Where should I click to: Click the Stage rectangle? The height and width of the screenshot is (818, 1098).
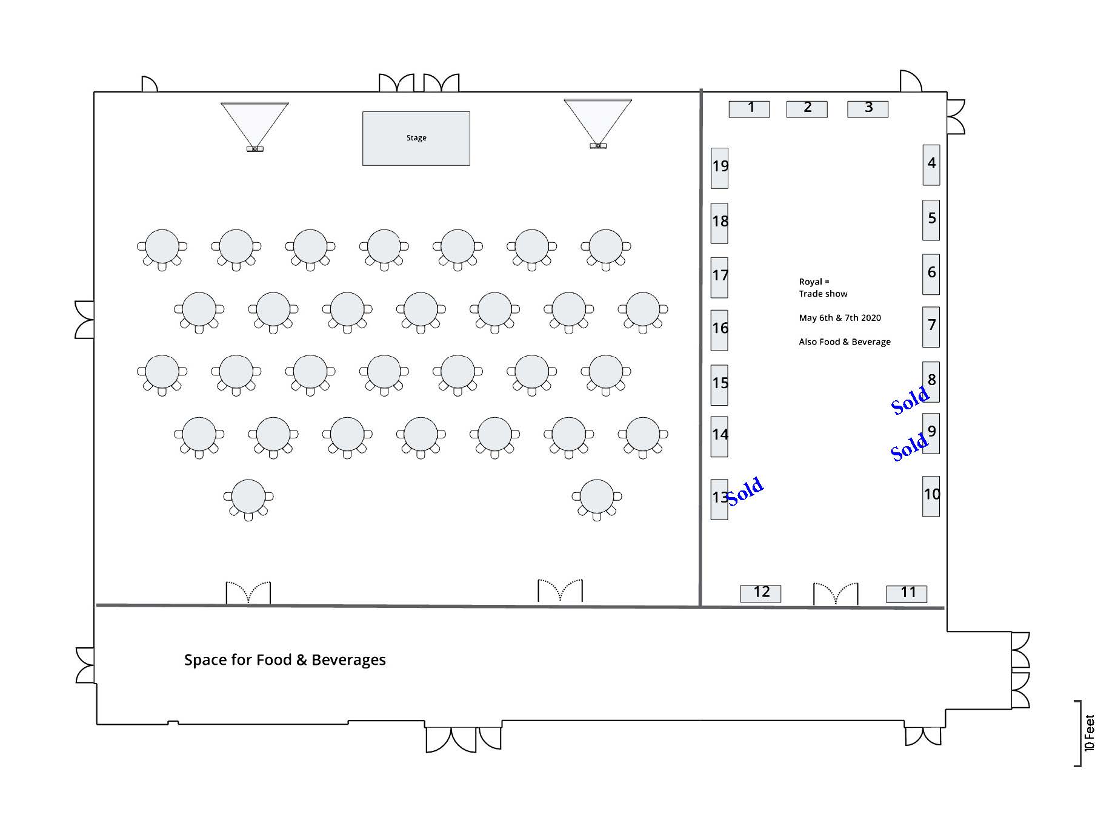(x=416, y=138)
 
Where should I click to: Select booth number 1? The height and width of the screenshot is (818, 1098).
(x=749, y=109)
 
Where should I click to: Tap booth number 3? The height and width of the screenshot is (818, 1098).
(x=867, y=109)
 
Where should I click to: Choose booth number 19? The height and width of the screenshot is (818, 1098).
(x=719, y=168)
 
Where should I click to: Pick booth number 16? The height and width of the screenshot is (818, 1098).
(x=719, y=330)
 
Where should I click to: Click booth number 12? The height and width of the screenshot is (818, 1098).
(x=760, y=593)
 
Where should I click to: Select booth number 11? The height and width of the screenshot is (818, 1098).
(x=907, y=593)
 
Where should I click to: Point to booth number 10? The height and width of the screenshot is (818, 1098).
(x=931, y=496)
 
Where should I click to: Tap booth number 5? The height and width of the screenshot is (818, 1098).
(x=931, y=220)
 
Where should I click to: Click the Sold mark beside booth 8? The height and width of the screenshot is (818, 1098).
(x=910, y=400)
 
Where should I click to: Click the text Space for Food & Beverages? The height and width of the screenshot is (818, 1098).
(x=285, y=659)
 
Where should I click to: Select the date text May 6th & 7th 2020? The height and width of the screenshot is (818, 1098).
(x=840, y=318)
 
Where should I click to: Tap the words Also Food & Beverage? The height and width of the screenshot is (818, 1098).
(x=845, y=342)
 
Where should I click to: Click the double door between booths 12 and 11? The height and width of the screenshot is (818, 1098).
(x=836, y=594)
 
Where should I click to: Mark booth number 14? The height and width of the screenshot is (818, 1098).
(x=719, y=436)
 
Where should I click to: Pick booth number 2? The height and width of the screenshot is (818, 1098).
(x=807, y=109)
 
